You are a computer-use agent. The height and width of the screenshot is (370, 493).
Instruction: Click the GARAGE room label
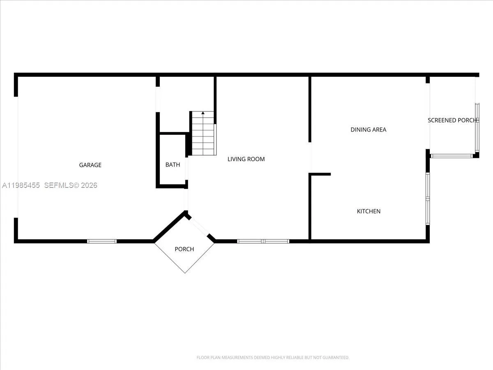click(x=90, y=165)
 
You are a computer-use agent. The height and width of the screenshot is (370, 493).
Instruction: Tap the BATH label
click(x=173, y=165)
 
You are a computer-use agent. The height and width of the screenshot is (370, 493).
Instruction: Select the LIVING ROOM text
click(x=246, y=159)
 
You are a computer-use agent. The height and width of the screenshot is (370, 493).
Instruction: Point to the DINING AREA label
click(x=368, y=129)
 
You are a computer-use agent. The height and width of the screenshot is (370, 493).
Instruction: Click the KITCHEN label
click(x=369, y=211)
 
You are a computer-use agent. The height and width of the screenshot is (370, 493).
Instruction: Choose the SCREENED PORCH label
click(x=452, y=120)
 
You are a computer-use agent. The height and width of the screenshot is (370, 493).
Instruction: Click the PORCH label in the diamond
click(x=184, y=249)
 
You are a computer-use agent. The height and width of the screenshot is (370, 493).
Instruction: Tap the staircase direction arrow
click(x=203, y=113)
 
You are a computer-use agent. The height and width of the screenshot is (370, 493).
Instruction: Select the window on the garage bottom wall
click(x=102, y=241)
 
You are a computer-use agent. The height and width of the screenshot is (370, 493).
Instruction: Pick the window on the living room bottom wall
click(x=263, y=241)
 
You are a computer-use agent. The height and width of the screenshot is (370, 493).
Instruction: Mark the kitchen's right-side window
click(x=428, y=199)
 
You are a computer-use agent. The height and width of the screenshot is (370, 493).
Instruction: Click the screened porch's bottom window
click(x=452, y=156)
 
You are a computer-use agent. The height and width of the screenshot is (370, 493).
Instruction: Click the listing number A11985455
click(x=21, y=185)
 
